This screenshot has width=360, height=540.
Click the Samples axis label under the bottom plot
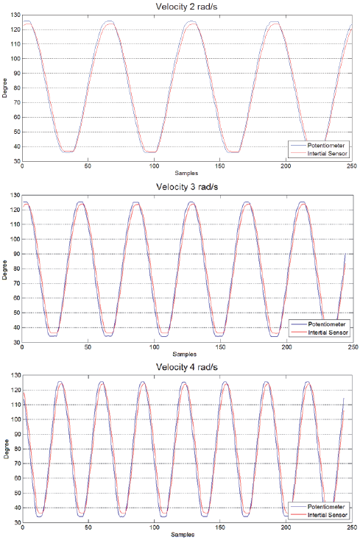tap(187, 536)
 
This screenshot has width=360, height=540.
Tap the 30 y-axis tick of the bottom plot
tap(15, 522)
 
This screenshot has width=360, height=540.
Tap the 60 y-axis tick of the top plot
tap(15, 118)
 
